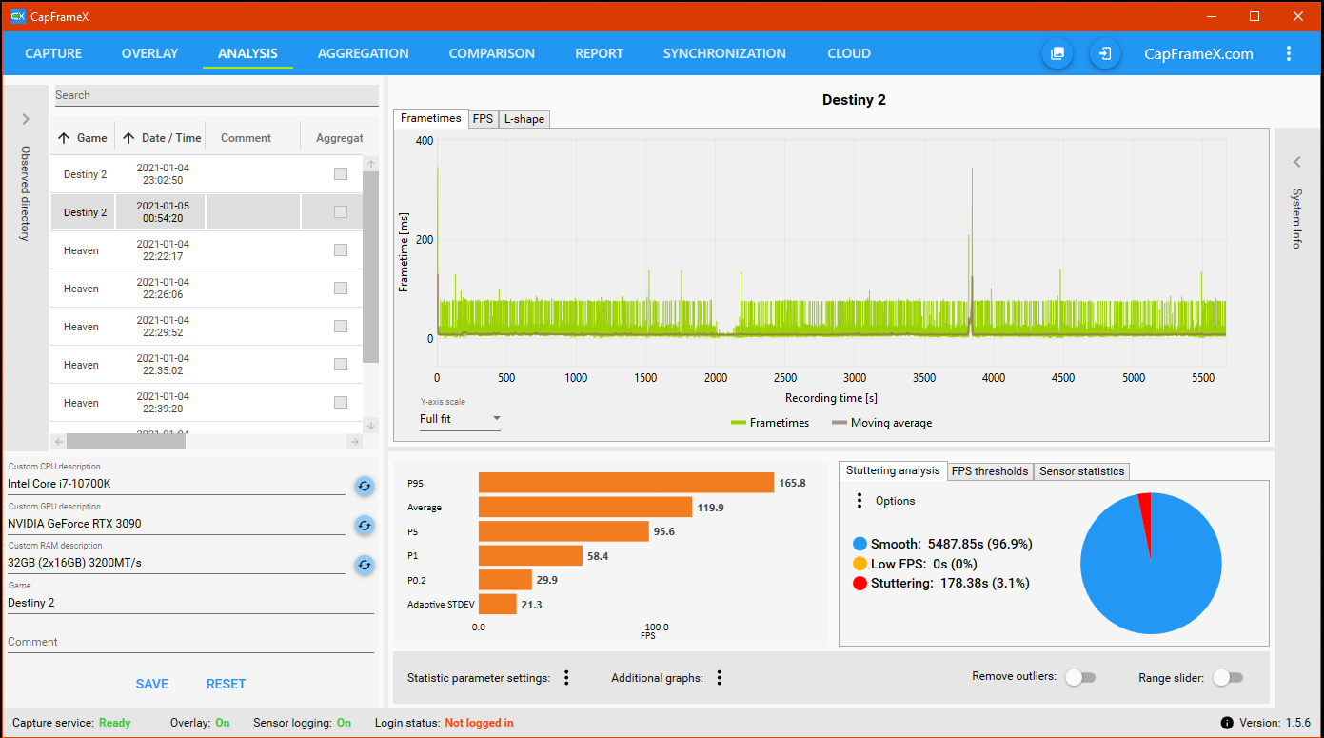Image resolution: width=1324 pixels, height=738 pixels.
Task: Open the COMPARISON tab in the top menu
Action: (491, 53)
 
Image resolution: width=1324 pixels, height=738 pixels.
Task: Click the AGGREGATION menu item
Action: (363, 53)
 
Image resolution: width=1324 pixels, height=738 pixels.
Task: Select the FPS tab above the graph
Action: (483, 119)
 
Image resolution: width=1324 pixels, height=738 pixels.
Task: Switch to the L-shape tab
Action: (524, 119)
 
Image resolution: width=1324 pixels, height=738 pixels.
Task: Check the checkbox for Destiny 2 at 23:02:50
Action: (341, 174)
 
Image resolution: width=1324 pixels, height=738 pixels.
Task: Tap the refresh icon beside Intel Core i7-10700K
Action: (365, 486)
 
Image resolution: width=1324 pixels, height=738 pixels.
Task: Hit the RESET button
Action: (226, 684)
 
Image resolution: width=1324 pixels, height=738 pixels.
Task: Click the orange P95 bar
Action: (626, 483)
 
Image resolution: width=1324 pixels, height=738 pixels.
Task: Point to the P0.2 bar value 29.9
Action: (546, 580)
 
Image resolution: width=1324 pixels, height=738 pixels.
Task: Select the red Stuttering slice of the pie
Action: (1146, 520)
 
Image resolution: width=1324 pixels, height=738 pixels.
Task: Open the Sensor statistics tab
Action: (1081, 471)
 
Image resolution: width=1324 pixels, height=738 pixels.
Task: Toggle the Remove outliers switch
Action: (1081, 677)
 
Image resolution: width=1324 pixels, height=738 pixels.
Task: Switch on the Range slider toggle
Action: (1228, 677)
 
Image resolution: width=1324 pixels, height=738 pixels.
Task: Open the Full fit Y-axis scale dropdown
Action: (460, 419)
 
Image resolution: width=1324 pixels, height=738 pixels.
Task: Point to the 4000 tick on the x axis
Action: (994, 377)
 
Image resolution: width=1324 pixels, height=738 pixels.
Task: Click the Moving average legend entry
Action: (882, 423)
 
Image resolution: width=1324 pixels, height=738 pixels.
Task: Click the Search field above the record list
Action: (216, 95)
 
